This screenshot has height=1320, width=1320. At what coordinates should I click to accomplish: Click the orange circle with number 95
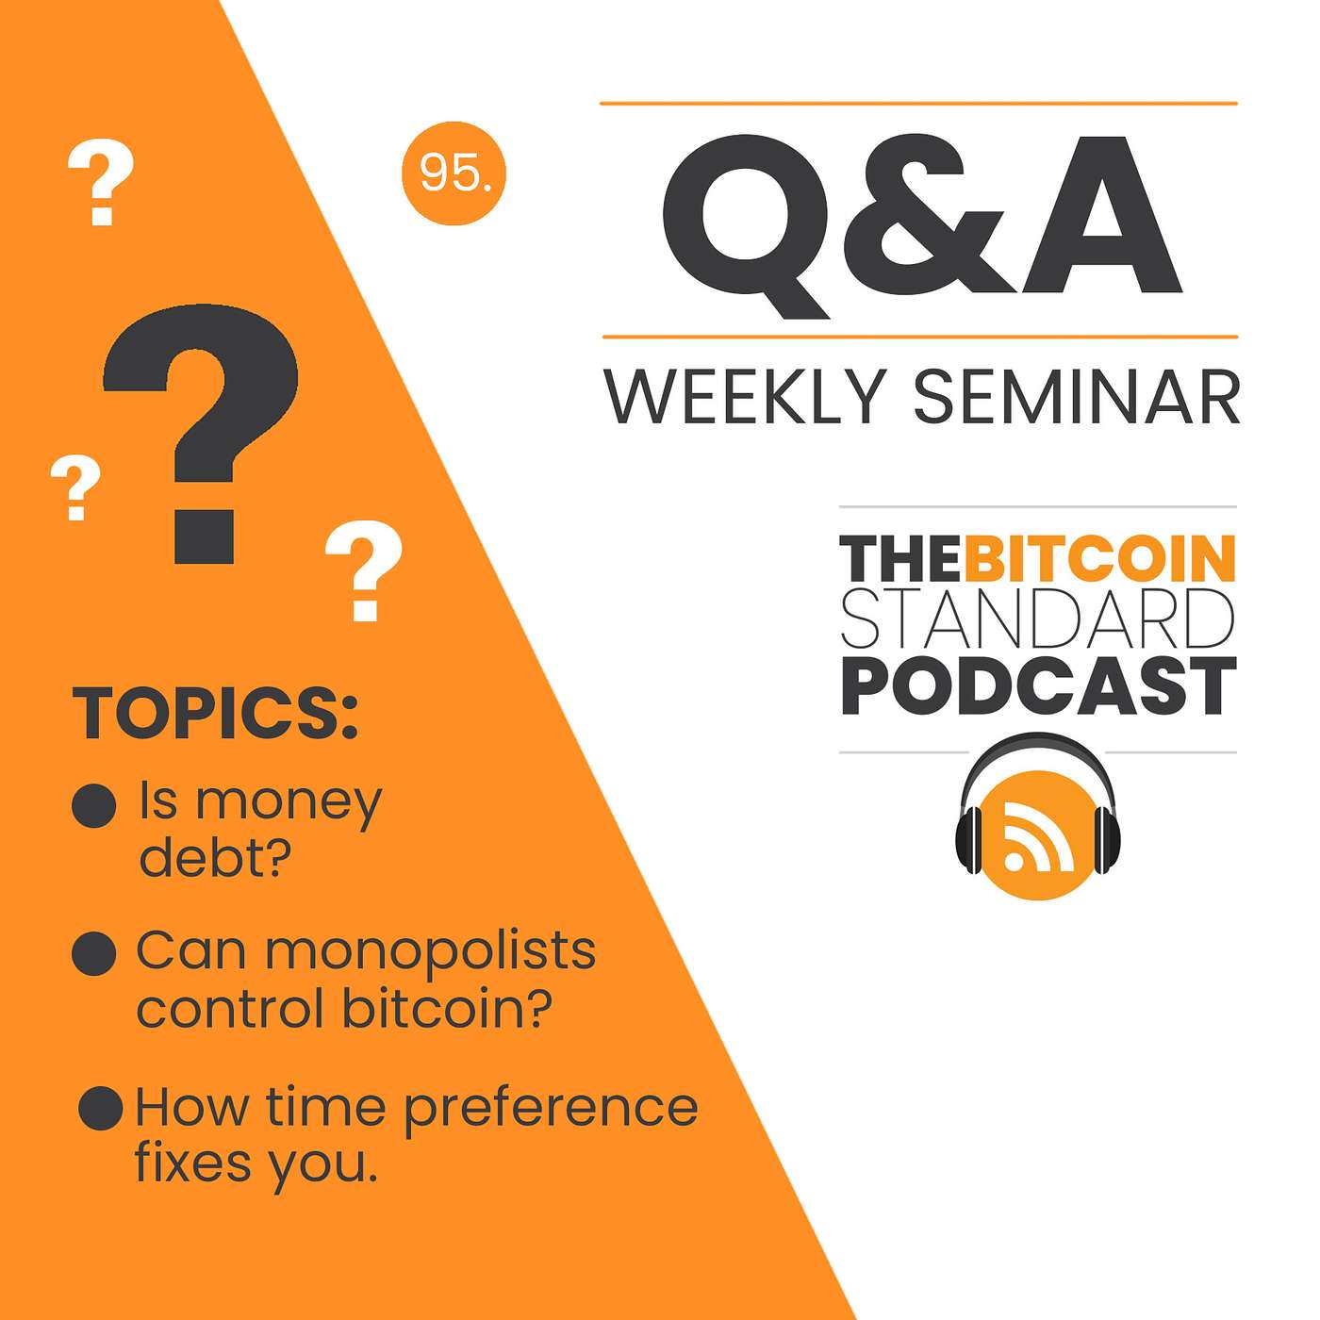454,173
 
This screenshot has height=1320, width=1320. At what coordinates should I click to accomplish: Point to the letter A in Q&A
1101,214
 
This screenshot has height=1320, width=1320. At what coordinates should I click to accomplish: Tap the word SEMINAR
1077,397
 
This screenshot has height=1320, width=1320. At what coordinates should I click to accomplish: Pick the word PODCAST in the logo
1038,686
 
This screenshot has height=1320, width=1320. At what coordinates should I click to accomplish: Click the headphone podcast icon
1037,817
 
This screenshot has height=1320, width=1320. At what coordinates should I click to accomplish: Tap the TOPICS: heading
215,713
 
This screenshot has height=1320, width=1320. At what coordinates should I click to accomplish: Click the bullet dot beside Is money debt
94,805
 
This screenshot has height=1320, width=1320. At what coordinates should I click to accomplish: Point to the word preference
551,1109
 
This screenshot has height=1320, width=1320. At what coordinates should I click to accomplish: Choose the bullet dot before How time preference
101,1108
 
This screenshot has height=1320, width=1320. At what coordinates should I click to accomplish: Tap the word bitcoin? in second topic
447,1010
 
